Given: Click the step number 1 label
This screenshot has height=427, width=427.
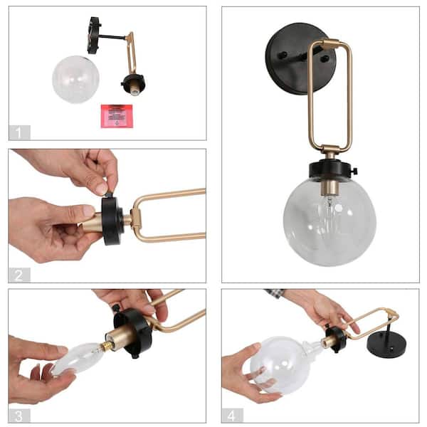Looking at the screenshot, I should (x=20, y=132).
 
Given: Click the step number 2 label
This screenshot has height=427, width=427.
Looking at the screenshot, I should (x=20, y=274).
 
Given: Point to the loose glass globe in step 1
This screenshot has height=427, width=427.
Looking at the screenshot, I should (x=75, y=79).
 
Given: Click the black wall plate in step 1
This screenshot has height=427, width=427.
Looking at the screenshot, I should (x=94, y=36).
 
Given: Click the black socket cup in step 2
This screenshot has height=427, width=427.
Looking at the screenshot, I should (x=112, y=221).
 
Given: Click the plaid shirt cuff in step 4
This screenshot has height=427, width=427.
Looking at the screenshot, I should (x=275, y=294).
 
